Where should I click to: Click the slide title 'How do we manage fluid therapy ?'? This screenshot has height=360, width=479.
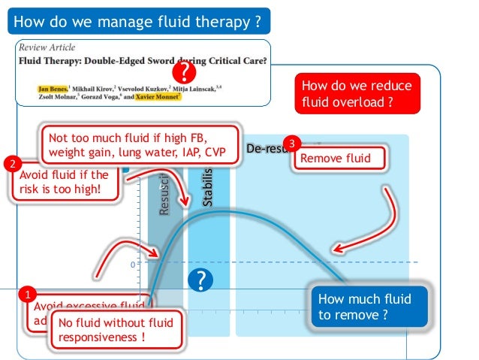tap(138, 20)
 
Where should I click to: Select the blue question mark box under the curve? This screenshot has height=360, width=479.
tap(200, 280)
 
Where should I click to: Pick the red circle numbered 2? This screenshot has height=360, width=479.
tap(11, 163)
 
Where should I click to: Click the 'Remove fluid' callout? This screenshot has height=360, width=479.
tap(341, 159)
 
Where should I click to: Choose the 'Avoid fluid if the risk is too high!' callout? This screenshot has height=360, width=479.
tap(65, 183)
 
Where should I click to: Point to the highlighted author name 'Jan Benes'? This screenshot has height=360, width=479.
tap(53, 88)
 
